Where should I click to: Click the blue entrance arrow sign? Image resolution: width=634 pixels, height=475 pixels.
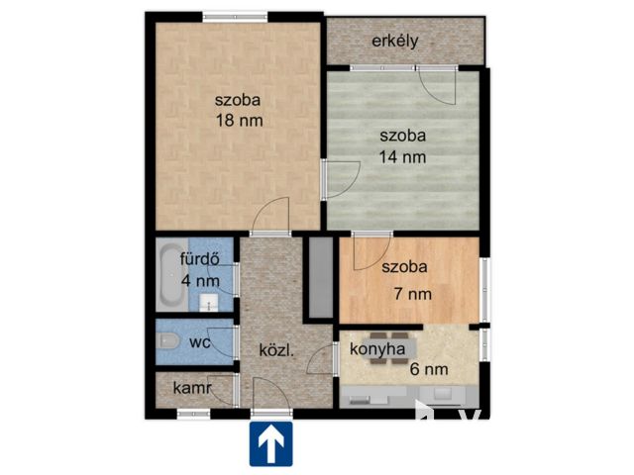(270, 443)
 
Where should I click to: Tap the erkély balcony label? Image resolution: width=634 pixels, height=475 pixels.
(395, 42)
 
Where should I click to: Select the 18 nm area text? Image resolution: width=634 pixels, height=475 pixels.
(240, 121)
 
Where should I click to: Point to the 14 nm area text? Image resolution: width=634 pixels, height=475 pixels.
(402, 156)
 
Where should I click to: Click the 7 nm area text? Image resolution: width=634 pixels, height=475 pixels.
(413, 294)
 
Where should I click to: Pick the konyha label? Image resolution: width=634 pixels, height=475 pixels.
(377, 349)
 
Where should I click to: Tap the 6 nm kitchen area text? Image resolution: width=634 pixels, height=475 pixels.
(429, 369)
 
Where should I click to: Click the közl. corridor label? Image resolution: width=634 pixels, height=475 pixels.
(276, 350)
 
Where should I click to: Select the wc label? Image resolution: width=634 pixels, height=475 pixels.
(200, 342)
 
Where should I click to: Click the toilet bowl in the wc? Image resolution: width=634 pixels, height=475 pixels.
(169, 340)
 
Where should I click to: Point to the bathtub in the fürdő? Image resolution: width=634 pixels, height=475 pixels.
(171, 276)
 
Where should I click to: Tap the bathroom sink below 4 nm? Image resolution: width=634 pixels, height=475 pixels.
(209, 302)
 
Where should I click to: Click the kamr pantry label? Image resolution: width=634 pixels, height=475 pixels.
(192, 388)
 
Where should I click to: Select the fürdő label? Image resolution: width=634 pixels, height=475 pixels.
(200, 259)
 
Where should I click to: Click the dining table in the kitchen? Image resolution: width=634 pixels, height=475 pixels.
(389, 348)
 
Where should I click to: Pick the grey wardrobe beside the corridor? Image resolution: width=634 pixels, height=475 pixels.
(321, 277)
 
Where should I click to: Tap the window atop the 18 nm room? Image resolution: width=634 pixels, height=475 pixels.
(235, 17)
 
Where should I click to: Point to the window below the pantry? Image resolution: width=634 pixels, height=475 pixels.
(194, 414)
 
